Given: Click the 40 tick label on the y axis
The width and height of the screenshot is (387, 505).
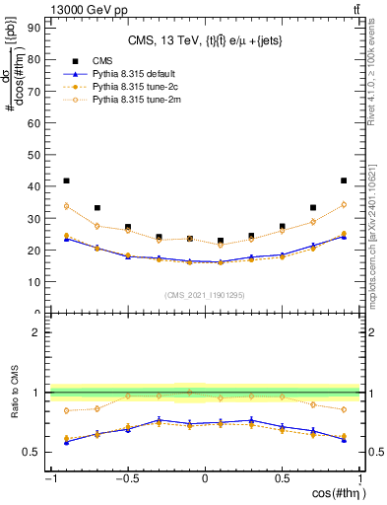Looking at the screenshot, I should click(36, 186).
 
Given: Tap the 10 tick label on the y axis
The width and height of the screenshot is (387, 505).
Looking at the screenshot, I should click(36, 282).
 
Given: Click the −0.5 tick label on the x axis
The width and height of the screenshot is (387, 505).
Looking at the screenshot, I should click(126, 479).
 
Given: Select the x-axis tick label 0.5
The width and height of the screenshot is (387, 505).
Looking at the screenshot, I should click(283, 479).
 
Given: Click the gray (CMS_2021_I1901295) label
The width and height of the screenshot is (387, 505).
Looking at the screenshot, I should click(204, 296).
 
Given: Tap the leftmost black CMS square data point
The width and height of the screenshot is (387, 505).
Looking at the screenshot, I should click(66, 181).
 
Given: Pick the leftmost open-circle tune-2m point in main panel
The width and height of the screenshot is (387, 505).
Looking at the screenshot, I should click(66, 206).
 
